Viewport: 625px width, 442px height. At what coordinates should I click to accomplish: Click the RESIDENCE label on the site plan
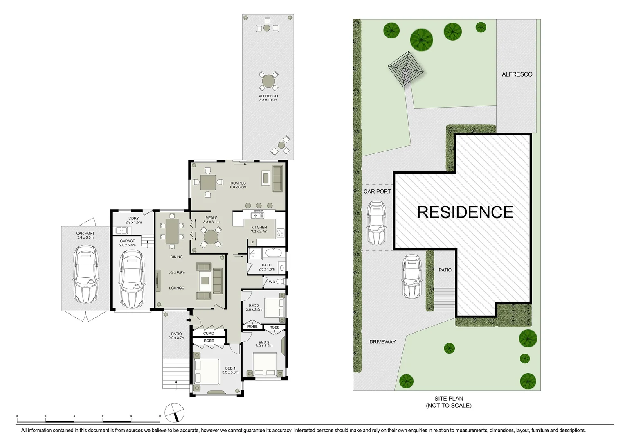point(465,212)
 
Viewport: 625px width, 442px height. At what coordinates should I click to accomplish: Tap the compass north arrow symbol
point(175,413)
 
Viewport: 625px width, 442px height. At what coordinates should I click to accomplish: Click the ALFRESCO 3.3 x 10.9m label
point(268,98)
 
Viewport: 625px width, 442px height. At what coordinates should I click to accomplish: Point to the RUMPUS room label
point(238,185)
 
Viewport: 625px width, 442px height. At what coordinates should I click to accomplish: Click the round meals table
point(211,237)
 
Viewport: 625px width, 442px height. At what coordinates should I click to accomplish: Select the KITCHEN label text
point(259,229)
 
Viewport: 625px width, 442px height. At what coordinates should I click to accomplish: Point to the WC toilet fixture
point(280,282)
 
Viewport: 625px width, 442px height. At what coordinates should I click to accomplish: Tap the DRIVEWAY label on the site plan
point(382,342)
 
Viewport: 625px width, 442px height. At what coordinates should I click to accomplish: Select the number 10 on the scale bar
point(160,416)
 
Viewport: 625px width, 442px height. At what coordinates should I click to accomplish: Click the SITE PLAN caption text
point(449,402)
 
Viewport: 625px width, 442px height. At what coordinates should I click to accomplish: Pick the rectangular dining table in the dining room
point(172,231)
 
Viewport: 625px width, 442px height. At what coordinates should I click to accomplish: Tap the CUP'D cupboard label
point(209,334)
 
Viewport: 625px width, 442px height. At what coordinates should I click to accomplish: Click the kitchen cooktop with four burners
point(281,233)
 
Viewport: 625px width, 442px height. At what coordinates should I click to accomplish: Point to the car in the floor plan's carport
point(85,274)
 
